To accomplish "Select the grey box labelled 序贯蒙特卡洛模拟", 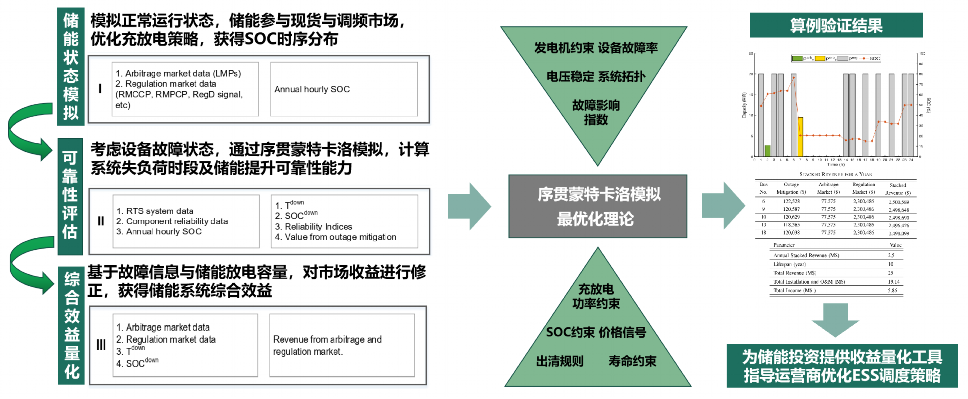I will (x=597, y=206).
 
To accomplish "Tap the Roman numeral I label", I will (x=100, y=89).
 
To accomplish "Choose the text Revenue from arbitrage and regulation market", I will (x=327, y=345).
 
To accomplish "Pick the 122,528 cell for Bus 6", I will (x=791, y=202).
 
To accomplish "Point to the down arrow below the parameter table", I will (x=835, y=320).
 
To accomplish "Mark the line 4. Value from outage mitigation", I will (x=336, y=237).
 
